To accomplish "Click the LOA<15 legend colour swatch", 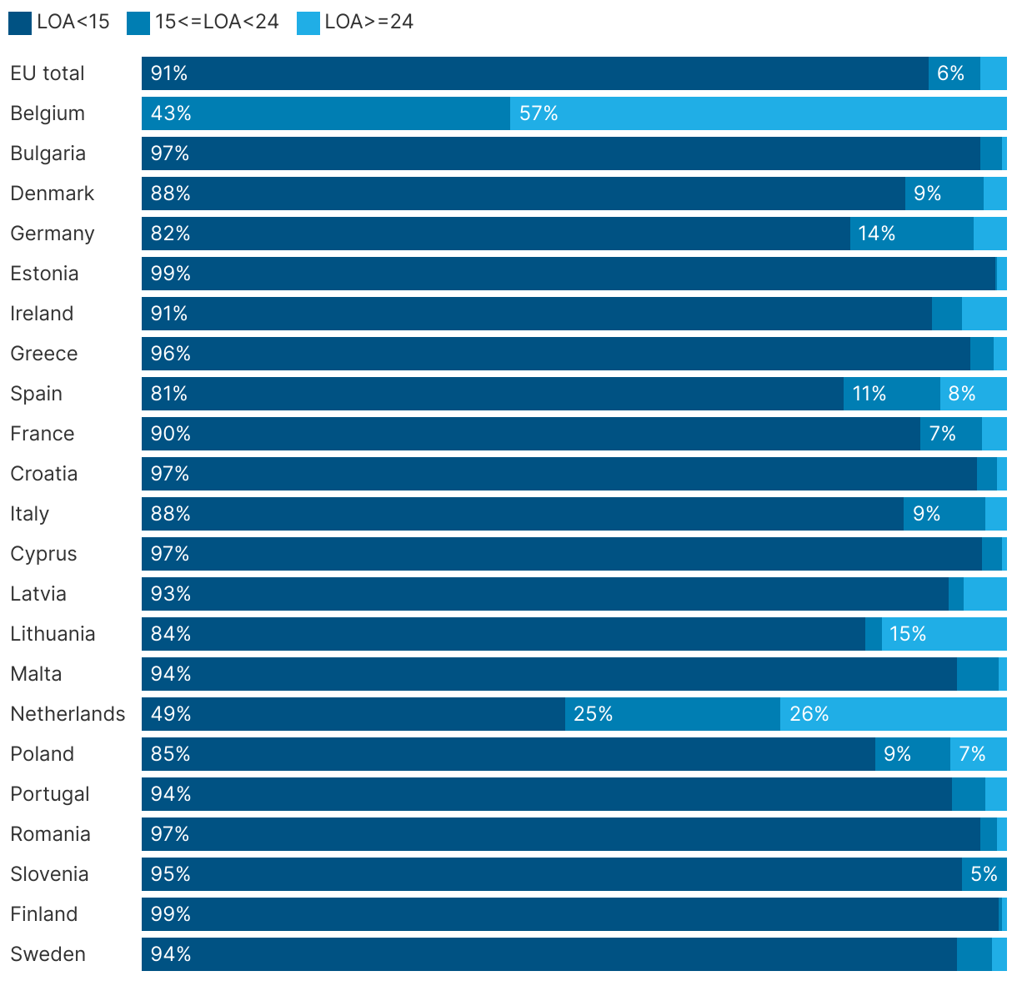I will tap(20, 23).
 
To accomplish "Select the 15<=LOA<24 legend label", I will tap(217, 22).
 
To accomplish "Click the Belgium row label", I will tap(48, 113).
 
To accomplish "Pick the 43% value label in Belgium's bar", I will tap(171, 113).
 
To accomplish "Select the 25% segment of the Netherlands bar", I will tap(673, 714).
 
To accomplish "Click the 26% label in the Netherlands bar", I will tap(809, 714).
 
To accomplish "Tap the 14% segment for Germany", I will tap(911, 234).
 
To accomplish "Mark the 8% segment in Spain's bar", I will tap(973, 394).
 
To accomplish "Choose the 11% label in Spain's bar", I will tap(869, 394).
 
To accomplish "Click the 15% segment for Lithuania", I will tap(944, 634).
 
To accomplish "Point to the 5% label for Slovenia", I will tap(984, 874).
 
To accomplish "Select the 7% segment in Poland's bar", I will tap(978, 754).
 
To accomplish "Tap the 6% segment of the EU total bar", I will tap(954, 73).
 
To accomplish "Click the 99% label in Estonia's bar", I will tap(171, 274).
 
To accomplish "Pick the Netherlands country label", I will tap(68, 714).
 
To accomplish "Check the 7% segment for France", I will tap(950, 434).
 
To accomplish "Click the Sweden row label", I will tap(48, 954).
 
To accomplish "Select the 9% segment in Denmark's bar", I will tap(944, 194).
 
